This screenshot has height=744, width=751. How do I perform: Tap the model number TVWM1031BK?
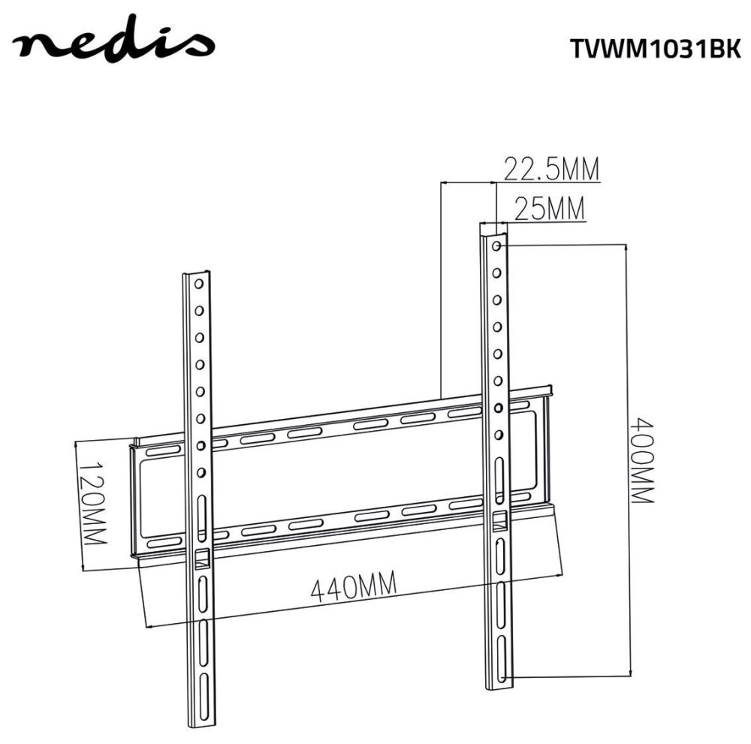[649, 49]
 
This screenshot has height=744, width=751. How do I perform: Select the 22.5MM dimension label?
[551, 170]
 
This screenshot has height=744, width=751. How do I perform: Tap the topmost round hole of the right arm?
[496, 245]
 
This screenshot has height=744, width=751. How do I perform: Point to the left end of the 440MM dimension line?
[147, 626]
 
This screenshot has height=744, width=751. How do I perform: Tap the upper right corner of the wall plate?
[552, 389]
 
